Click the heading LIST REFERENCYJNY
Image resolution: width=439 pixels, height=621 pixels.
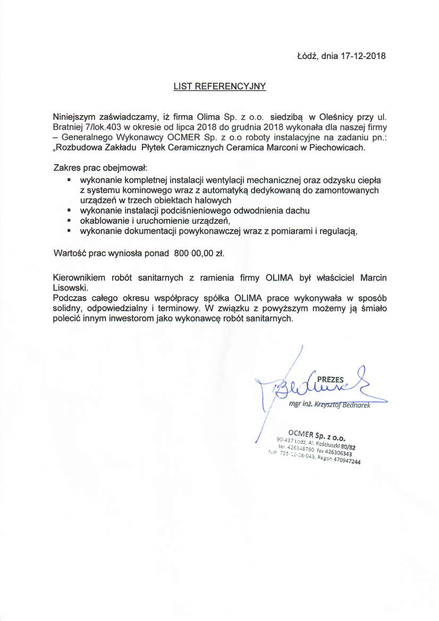coord(219,86)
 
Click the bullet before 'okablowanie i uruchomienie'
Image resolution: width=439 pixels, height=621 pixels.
coord(70,220)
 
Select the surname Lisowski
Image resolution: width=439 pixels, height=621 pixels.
coord(70,288)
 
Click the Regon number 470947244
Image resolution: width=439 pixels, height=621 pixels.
coord(347,461)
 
